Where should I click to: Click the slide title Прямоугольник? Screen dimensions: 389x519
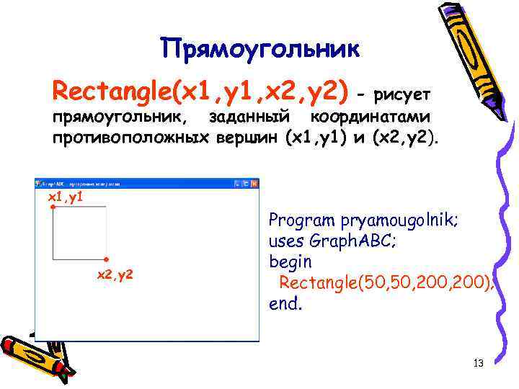(x=259, y=48)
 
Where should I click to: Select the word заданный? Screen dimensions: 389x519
(x=249, y=117)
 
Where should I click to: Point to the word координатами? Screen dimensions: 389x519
(x=370, y=117)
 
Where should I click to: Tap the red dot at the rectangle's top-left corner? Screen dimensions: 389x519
(x=53, y=207)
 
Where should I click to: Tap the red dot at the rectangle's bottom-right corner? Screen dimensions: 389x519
(x=106, y=259)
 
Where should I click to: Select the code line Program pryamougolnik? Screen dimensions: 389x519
(x=363, y=219)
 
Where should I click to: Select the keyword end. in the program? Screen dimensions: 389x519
(x=285, y=303)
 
